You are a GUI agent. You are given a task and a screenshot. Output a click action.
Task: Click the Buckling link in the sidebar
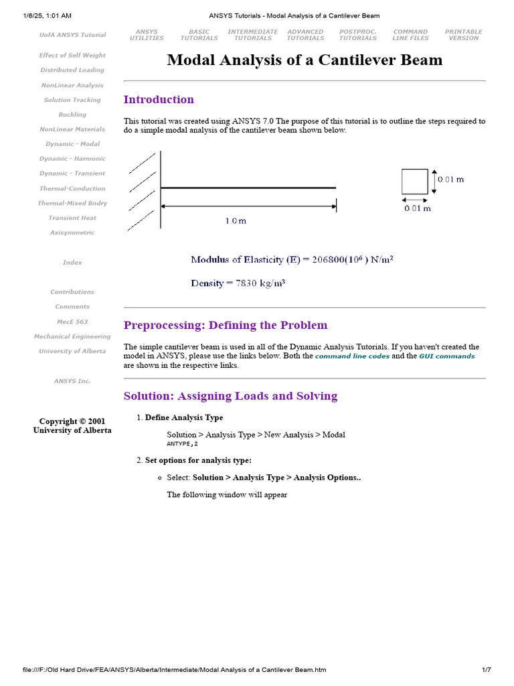pos(72,115)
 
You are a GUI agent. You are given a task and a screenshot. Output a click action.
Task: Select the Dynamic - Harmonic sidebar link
pos(72,159)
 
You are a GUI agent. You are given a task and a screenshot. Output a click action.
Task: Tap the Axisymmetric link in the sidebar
pos(72,232)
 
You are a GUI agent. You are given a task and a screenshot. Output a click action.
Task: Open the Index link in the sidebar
pos(72,263)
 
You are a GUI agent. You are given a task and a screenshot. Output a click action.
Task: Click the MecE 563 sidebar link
pos(72,322)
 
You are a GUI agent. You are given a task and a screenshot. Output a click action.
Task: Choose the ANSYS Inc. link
pos(72,381)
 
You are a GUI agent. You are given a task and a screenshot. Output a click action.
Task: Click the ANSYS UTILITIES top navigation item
pos(147,35)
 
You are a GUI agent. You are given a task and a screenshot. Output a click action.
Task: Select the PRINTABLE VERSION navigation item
pos(464,35)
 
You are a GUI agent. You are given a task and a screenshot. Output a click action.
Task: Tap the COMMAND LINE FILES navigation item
pos(410,35)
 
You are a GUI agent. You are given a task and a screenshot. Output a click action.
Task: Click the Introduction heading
pos(159,100)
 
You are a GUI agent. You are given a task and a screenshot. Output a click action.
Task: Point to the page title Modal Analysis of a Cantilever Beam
pos(305,60)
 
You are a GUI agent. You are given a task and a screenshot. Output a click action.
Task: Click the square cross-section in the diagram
pos(414,182)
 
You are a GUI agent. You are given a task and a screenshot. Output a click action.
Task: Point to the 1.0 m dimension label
pos(235,220)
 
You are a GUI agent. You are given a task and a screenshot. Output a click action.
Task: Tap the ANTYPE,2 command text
pos(182,443)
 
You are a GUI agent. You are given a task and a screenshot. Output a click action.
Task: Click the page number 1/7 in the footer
pos(487,670)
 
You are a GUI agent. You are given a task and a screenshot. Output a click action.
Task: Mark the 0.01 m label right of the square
pos(450,180)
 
